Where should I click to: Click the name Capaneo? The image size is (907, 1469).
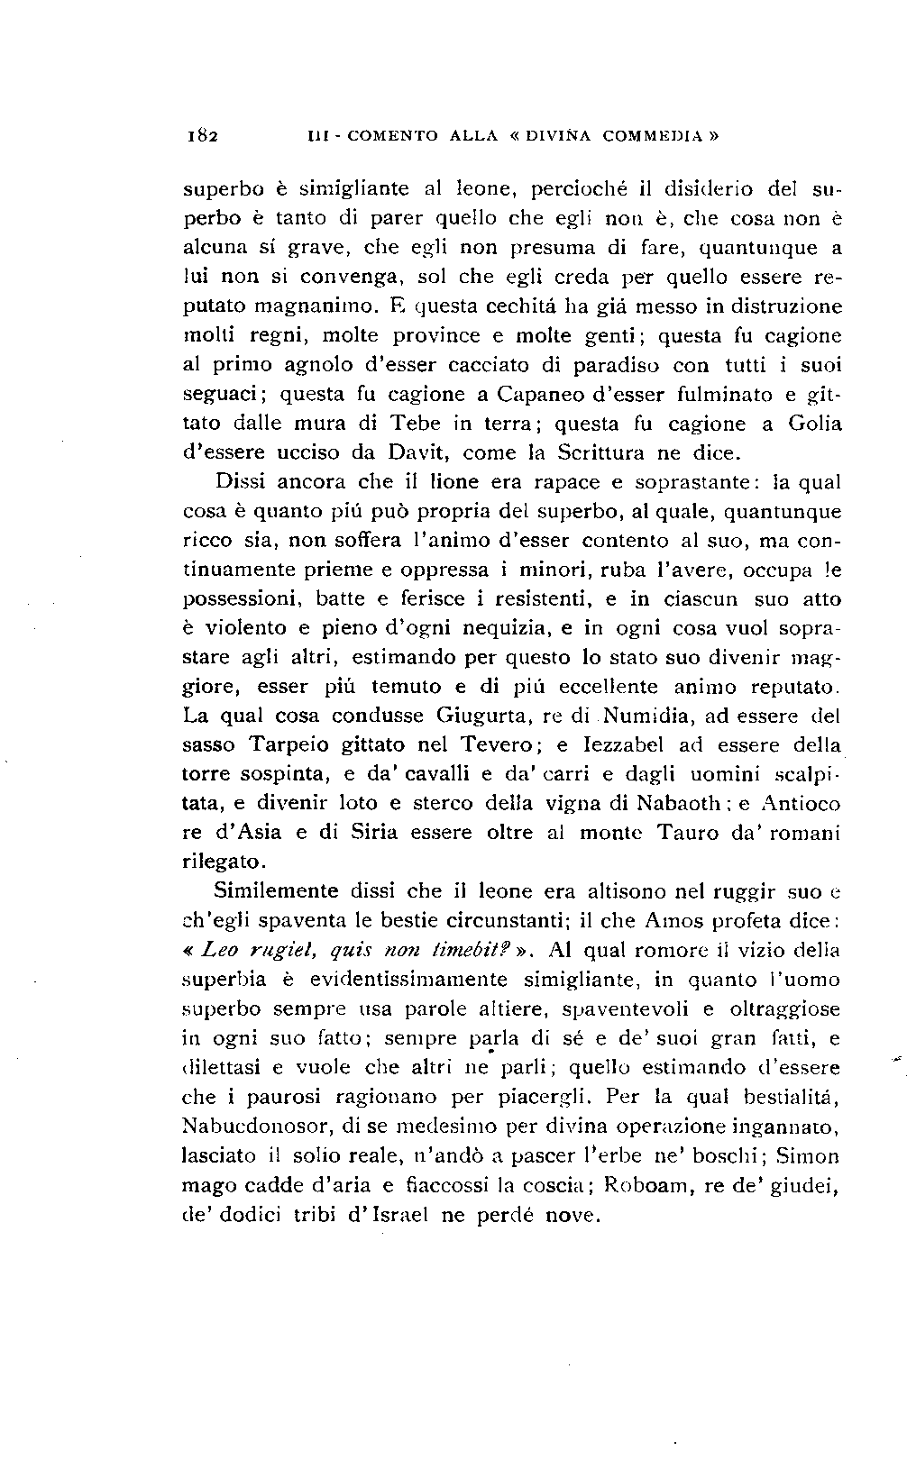point(540,394)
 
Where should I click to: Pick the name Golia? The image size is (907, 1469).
point(814,423)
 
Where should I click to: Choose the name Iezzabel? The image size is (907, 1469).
point(612,745)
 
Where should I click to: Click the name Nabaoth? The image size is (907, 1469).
point(676,803)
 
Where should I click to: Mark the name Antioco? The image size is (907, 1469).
point(801,803)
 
